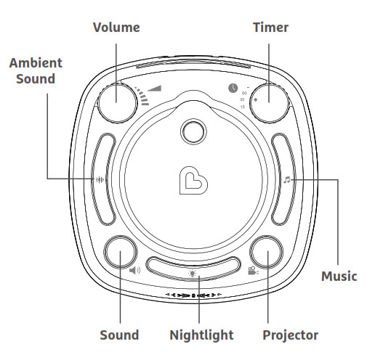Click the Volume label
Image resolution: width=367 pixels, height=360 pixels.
coord(116,27)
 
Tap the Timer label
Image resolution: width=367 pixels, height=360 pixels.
coord(270,27)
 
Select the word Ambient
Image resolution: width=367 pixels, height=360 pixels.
coord(36,63)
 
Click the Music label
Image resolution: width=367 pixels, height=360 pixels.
coord(339,276)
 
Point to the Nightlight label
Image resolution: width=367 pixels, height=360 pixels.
coord(201,335)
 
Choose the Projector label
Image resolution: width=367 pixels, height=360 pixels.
coord(291,335)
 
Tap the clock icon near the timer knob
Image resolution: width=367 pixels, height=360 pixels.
coord(233,88)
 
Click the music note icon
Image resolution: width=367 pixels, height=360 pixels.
coord(287,180)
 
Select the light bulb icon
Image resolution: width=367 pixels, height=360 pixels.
coord(193,273)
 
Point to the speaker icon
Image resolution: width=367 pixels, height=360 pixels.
coord(134,270)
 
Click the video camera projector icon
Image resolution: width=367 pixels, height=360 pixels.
coord(253,271)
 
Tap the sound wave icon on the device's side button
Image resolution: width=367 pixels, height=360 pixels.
coord(100,179)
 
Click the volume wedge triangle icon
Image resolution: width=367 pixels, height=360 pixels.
coord(154,89)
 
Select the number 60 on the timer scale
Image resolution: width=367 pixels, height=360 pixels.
coord(244,93)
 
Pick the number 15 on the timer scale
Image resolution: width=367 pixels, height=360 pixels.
coord(243,107)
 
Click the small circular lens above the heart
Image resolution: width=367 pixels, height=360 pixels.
coord(193,131)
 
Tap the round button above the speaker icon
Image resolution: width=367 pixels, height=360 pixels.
coord(120,252)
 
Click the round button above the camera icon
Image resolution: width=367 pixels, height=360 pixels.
coord(266,252)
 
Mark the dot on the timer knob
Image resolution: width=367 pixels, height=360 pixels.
coord(256,99)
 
